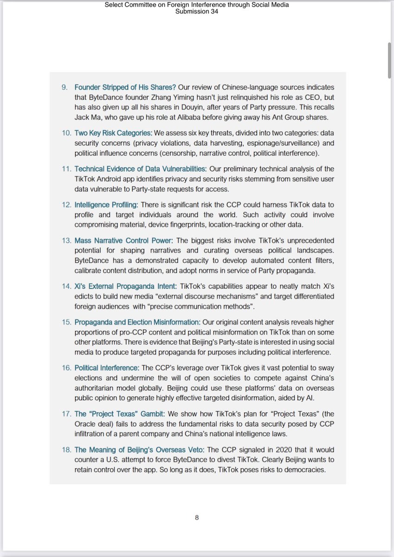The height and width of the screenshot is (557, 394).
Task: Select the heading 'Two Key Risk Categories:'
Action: click(107, 133)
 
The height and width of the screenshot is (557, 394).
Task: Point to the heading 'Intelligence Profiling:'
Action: click(106, 205)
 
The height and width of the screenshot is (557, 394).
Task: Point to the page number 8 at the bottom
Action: click(197, 518)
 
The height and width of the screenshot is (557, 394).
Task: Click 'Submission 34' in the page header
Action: click(197, 12)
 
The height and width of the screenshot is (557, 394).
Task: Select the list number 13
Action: click(66, 241)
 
